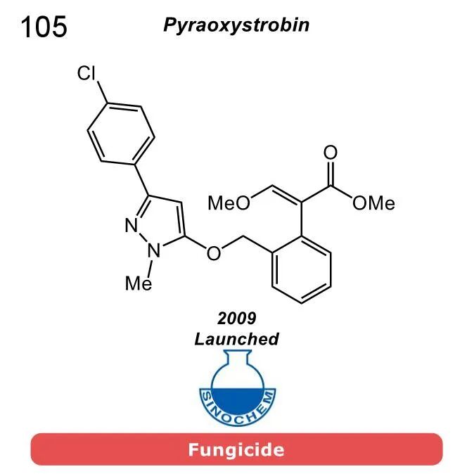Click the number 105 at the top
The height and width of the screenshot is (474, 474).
point(44,27)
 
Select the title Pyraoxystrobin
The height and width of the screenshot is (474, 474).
point(236,26)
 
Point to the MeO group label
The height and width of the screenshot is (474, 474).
point(229,203)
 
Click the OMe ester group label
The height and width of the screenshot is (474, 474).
point(373,203)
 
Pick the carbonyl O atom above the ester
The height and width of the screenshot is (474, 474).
point(330,153)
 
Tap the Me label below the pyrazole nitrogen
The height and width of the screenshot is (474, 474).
point(138,283)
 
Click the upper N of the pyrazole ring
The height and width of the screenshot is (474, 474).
point(131,225)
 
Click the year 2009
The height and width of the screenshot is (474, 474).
point(236,319)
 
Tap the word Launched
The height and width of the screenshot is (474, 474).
point(236,339)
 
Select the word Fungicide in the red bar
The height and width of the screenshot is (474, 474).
point(236,449)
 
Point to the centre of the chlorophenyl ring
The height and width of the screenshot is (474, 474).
point(120,133)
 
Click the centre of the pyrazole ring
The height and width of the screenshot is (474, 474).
point(162,222)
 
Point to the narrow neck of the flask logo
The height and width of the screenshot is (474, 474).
point(236,363)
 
